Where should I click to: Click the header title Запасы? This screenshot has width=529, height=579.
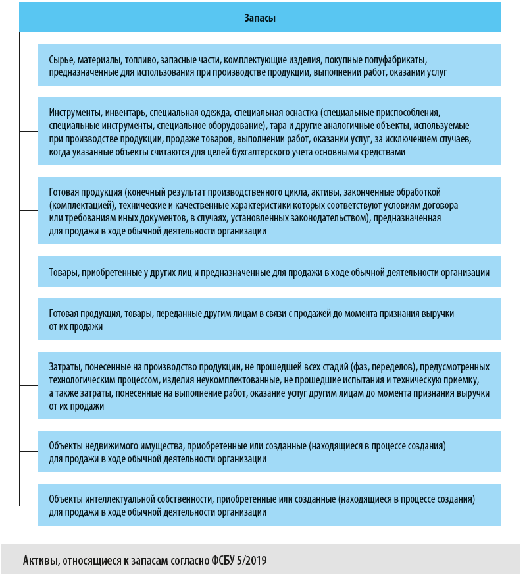coord(261,18)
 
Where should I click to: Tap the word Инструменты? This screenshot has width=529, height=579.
coord(76,112)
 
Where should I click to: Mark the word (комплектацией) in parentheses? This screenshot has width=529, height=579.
coord(80,205)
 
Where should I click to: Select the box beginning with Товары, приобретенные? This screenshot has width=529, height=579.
coord(269,272)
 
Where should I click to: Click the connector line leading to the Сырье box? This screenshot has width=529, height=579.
coord(28,65)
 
